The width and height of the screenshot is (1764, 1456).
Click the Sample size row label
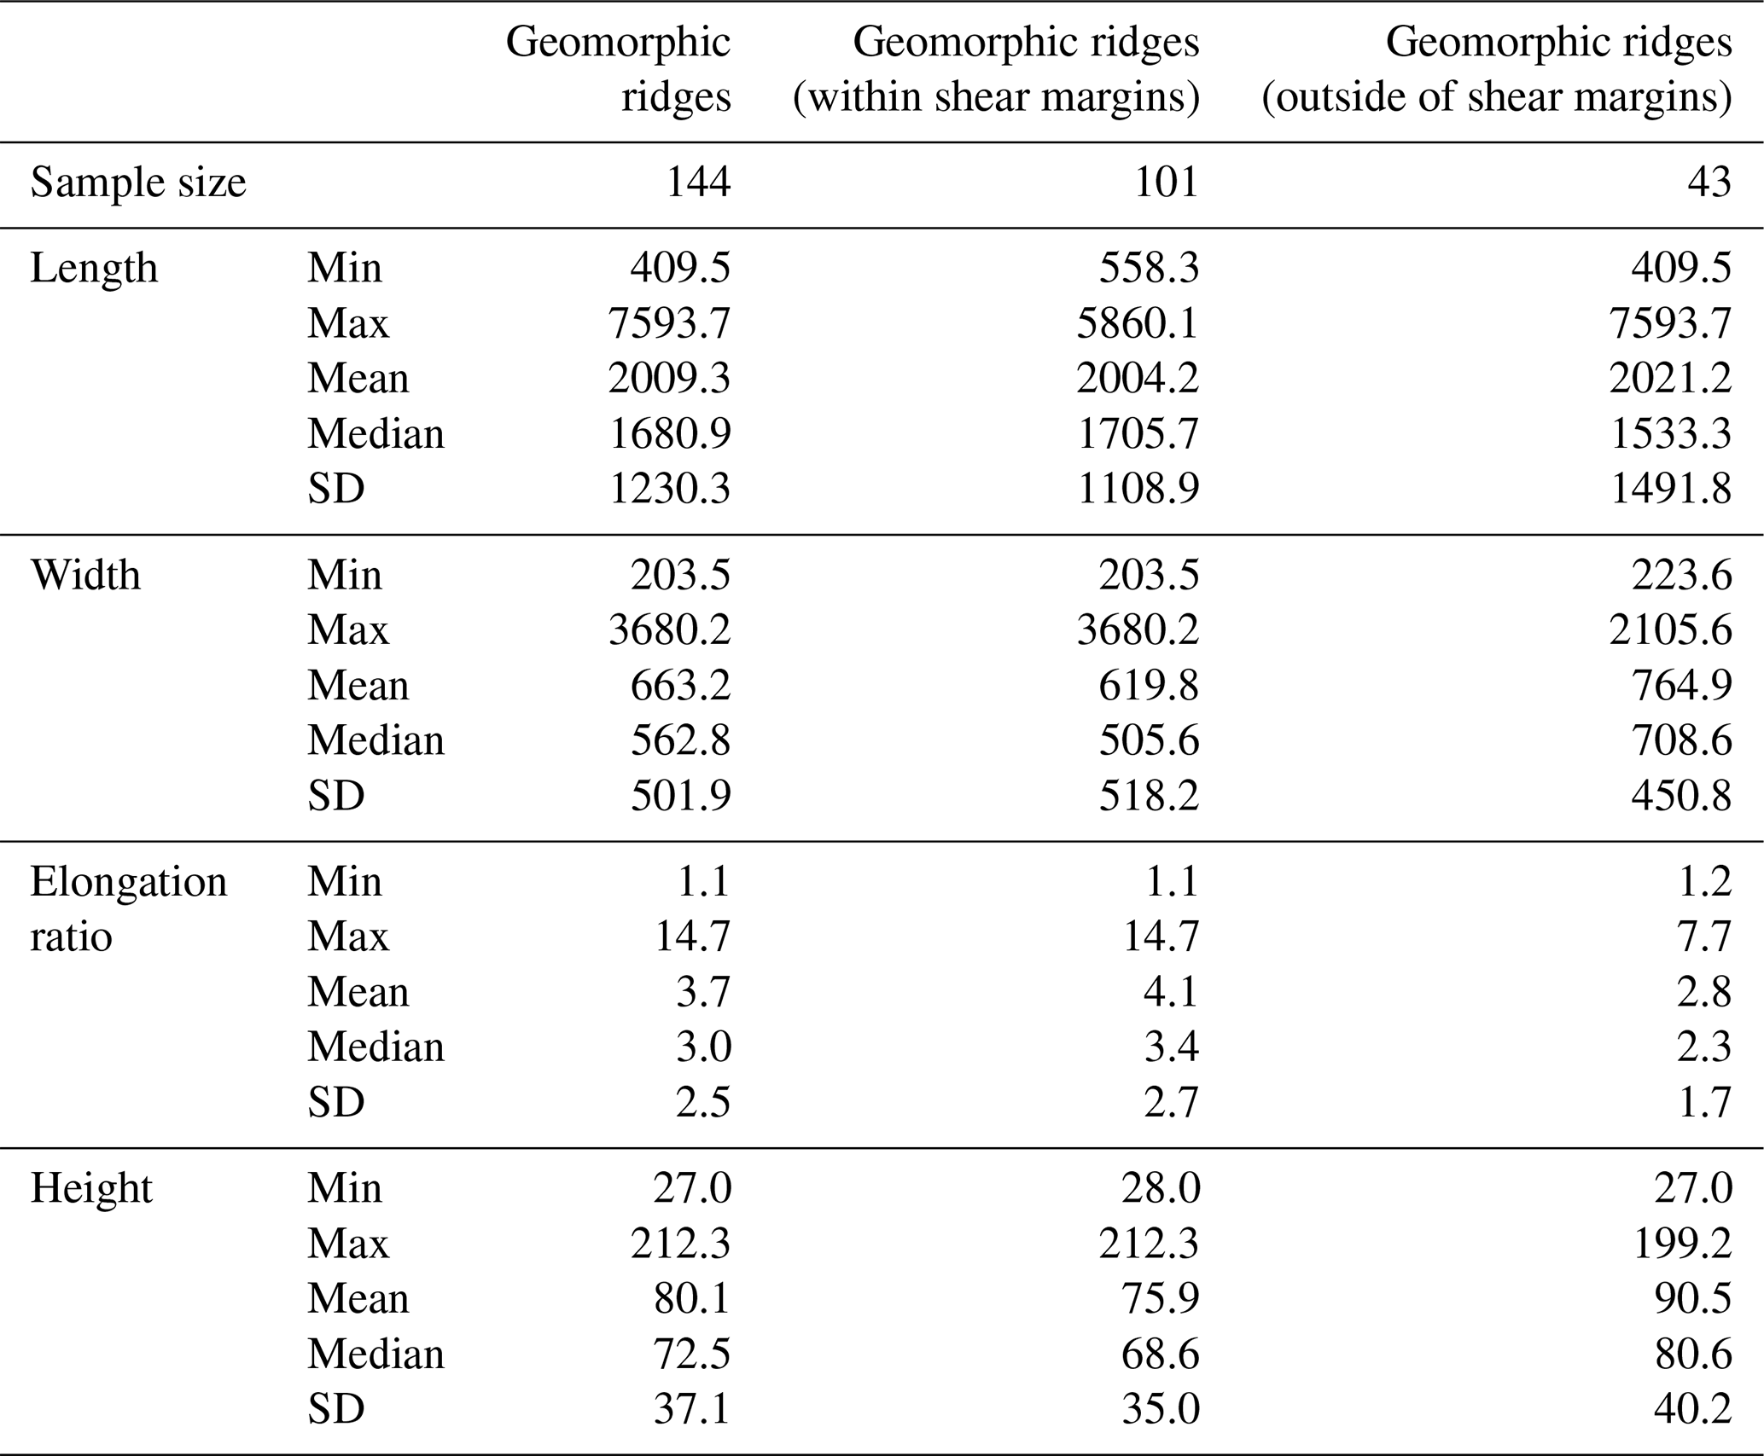[138, 183]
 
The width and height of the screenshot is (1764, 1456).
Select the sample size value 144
[697, 183]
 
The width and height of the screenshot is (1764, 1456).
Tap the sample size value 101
[1166, 183]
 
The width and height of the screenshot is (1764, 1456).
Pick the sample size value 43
[1709, 183]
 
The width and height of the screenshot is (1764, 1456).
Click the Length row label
[94, 269]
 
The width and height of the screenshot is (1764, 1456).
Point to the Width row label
[85, 576]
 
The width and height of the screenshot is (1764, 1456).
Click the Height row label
[91, 1189]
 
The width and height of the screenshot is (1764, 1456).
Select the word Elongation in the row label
[129, 882]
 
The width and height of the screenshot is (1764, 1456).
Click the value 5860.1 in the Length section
[1138, 323]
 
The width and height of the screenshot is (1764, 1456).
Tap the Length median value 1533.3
[1670, 434]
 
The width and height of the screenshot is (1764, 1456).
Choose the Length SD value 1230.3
[670, 489]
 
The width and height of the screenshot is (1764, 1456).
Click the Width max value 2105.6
[1670, 630]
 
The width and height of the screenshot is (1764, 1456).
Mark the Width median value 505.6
[1149, 740]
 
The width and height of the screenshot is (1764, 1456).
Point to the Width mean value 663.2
[680, 686]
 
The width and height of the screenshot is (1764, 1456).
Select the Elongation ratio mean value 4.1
[1171, 992]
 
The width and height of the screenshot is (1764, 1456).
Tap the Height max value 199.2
[1681, 1244]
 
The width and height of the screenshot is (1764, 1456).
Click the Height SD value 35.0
[1160, 1409]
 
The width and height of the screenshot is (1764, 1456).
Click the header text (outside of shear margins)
[1496, 97]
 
